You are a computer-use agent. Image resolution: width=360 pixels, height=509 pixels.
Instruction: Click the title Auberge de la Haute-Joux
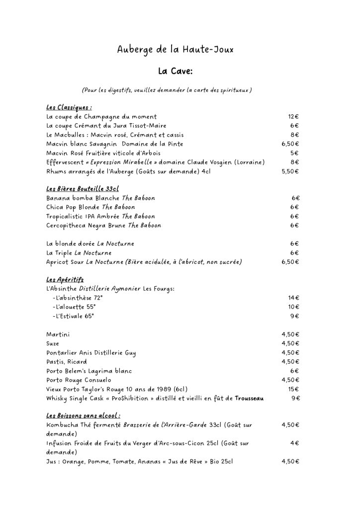click(x=175, y=50)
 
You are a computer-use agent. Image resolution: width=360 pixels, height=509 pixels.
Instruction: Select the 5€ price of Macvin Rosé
click(x=294, y=153)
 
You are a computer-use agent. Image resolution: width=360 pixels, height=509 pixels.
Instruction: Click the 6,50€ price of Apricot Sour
click(x=290, y=262)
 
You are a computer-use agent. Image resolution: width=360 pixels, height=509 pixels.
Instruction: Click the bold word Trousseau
click(x=249, y=399)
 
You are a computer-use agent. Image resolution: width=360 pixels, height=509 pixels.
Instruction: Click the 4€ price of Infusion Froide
click(x=294, y=443)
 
